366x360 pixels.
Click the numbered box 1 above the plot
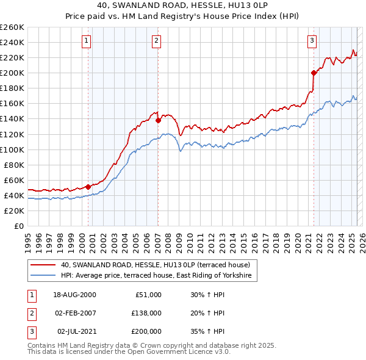(x=87, y=41)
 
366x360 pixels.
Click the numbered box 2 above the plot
(x=157, y=41)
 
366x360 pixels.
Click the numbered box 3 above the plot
(x=312, y=41)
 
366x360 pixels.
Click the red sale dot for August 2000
(x=88, y=187)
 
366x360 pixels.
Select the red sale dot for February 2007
(x=158, y=120)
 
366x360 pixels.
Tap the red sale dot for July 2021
(x=314, y=73)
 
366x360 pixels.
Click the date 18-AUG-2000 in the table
(x=74, y=295)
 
